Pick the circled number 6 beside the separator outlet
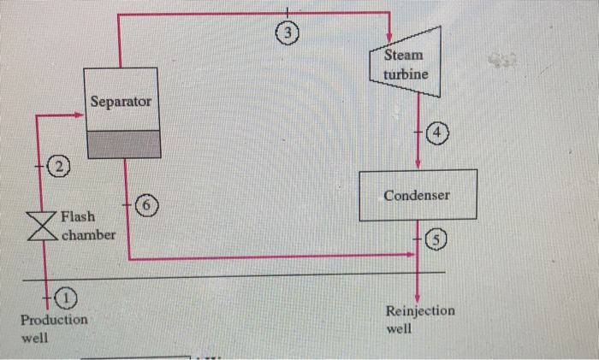(x=148, y=206)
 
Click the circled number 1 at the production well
(x=66, y=297)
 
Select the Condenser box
(x=417, y=196)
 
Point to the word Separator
(x=122, y=102)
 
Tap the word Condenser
(x=417, y=196)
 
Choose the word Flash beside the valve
(x=78, y=216)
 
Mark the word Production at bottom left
(x=54, y=319)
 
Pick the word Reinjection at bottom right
(x=421, y=310)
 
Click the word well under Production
(x=35, y=338)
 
